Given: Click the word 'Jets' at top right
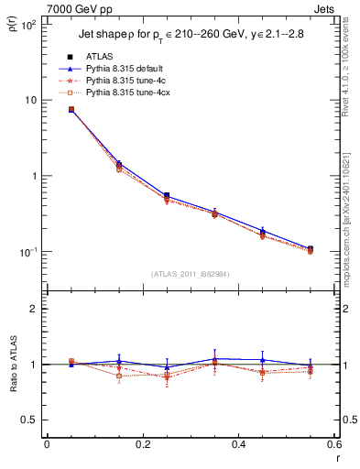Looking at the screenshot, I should pos(324,8).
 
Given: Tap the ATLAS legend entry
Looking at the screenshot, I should pos(102,57).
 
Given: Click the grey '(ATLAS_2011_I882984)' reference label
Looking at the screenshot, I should pos(191,274).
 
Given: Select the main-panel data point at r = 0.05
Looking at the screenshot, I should pos(71,109).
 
